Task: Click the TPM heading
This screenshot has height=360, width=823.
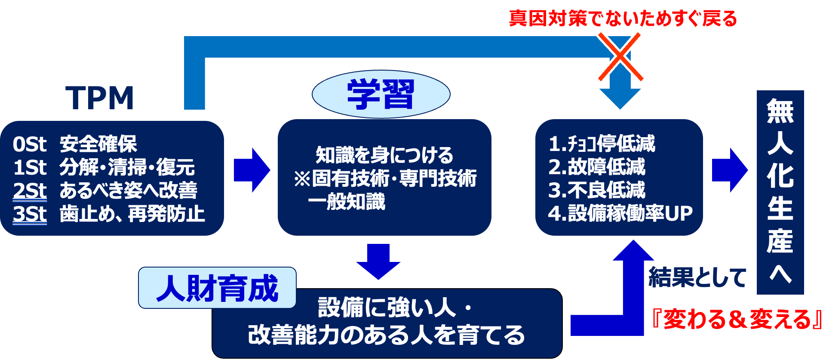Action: (x=100, y=98)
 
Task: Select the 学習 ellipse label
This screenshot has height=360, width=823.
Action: (x=381, y=94)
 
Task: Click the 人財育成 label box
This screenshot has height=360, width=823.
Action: (x=217, y=288)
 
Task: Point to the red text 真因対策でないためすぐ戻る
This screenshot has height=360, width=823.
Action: (x=623, y=18)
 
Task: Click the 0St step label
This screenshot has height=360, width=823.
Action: (x=29, y=145)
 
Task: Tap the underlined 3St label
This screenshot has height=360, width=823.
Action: (x=30, y=214)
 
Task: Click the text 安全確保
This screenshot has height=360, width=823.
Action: (x=98, y=144)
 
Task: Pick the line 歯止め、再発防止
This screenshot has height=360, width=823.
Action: (x=132, y=214)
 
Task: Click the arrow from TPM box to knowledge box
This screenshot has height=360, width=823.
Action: (x=252, y=170)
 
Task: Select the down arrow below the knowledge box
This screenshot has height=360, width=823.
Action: (x=378, y=262)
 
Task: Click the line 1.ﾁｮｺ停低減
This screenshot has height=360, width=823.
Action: (x=602, y=144)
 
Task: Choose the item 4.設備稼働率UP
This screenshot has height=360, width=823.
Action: (x=620, y=213)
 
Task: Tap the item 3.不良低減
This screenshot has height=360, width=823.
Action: (x=597, y=190)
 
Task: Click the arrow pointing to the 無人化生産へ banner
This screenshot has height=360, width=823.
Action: (x=730, y=170)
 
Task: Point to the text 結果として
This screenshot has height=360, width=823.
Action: (x=697, y=277)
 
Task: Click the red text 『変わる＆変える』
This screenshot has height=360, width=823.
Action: (x=736, y=320)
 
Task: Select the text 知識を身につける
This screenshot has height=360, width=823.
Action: (x=384, y=155)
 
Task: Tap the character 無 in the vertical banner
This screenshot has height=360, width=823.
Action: (x=780, y=111)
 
